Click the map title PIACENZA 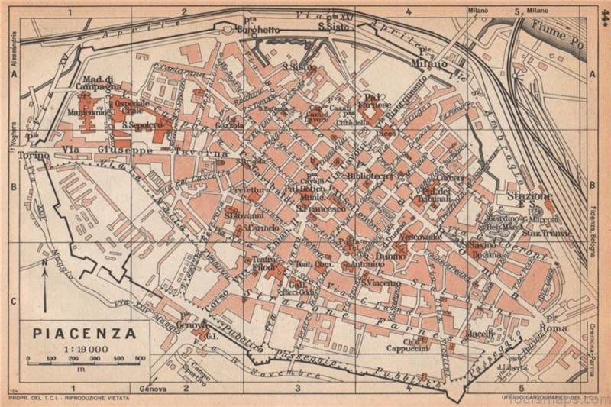(85, 333)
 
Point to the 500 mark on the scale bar (140, 357)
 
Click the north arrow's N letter (45, 262)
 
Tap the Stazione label (529, 196)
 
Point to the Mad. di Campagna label (100, 82)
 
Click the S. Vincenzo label (381, 283)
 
